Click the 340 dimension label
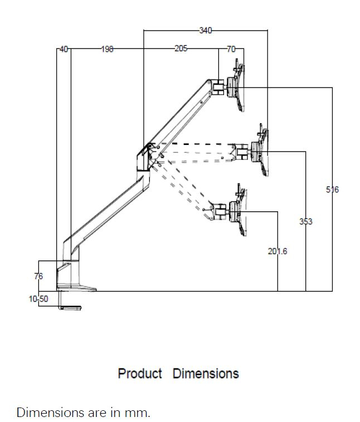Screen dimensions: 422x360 (x=205, y=31)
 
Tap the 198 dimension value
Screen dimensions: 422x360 (x=107, y=49)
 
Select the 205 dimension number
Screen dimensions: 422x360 (x=181, y=49)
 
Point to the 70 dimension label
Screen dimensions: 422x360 (x=231, y=49)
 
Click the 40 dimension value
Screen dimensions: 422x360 (x=64, y=49)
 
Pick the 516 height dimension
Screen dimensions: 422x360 (x=332, y=190)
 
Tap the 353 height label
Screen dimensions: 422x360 (x=305, y=221)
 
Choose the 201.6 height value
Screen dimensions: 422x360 (x=278, y=251)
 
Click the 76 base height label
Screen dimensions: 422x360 (x=38, y=276)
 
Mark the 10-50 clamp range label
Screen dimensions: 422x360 (x=38, y=299)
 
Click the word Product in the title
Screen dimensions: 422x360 (x=140, y=374)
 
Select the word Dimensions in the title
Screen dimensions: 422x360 (x=206, y=374)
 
